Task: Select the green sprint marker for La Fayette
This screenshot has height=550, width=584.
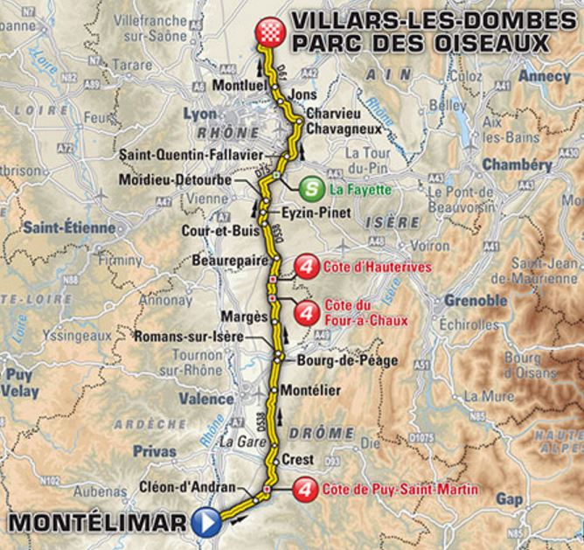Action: pyautogui.click(x=309, y=188)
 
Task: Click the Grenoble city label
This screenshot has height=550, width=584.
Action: pyautogui.click(x=475, y=300)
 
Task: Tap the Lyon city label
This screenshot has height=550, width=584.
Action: pyautogui.click(x=201, y=115)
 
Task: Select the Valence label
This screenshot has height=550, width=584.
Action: pyautogui.click(x=206, y=399)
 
